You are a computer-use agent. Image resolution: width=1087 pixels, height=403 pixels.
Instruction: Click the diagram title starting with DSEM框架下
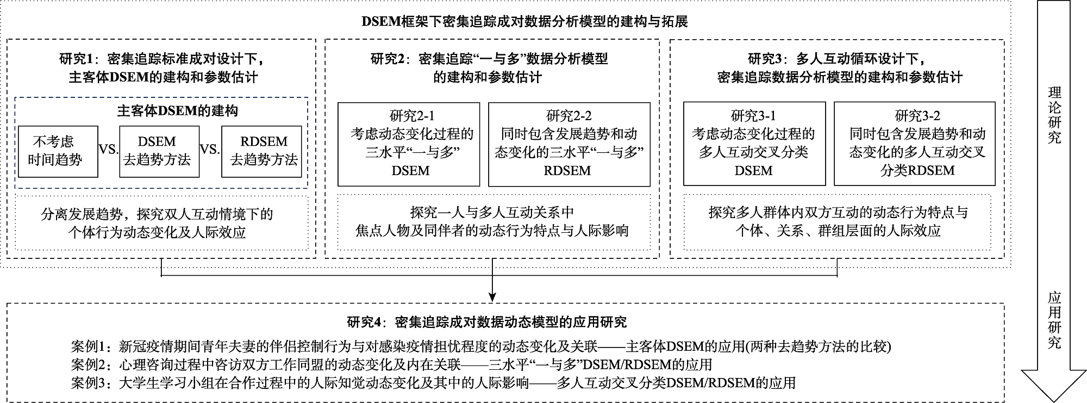(524, 21)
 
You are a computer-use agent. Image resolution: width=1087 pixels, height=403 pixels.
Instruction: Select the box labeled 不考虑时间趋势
(58, 151)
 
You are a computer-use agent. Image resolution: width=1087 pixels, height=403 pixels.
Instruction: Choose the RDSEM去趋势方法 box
(261, 151)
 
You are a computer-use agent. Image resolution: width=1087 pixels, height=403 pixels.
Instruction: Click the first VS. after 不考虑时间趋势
(109, 150)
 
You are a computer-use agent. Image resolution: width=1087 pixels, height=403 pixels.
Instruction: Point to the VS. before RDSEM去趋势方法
(210, 150)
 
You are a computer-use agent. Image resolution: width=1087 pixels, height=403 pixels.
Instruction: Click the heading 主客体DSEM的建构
(177, 111)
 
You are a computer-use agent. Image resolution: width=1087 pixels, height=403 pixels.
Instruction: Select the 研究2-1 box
(409, 144)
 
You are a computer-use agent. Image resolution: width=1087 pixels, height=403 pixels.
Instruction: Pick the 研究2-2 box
(569, 144)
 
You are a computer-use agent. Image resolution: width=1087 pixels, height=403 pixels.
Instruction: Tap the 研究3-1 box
(754, 144)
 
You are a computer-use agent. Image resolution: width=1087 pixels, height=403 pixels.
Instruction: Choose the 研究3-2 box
(914, 144)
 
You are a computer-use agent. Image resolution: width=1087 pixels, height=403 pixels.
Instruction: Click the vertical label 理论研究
(1054, 115)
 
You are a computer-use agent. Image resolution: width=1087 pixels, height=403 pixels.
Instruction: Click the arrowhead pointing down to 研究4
(492, 297)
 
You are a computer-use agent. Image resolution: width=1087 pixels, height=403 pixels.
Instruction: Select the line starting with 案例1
(480, 346)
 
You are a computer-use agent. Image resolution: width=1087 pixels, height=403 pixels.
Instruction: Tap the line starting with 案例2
(391, 364)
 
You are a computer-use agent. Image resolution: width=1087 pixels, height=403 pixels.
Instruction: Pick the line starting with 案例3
(433, 383)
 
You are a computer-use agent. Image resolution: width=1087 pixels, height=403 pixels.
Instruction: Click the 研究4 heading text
(486, 322)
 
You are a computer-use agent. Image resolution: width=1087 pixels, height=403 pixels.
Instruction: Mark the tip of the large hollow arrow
(1054, 400)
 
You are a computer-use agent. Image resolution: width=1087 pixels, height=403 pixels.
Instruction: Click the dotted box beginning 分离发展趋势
(161, 223)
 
